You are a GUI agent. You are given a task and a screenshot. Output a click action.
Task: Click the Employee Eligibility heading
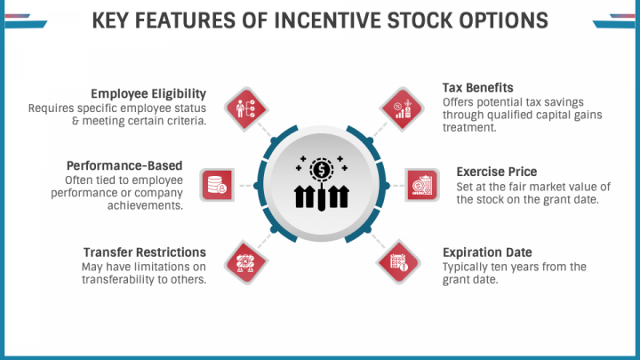(148, 94)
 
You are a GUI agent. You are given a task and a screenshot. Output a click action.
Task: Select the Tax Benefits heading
(478, 88)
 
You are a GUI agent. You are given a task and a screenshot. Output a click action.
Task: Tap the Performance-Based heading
(124, 165)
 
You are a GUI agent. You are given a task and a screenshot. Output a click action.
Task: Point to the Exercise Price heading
(497, 172)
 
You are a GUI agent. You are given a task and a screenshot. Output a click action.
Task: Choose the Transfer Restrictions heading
(145, 252)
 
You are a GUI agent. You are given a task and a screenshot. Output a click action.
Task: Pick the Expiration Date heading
(487, 252)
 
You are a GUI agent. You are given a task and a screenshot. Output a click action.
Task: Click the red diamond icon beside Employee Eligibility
(245, 109)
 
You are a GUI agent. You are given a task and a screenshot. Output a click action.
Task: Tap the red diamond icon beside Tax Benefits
(402, 109)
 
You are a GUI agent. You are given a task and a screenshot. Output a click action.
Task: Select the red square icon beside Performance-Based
(217, 185)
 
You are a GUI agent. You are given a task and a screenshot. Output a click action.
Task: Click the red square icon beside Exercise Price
(422, 185)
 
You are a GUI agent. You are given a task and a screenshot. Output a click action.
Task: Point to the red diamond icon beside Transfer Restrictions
(245, 262)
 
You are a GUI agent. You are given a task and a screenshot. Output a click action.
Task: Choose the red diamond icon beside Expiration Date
(398, 262)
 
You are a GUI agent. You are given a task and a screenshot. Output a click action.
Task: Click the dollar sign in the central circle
(322, 170)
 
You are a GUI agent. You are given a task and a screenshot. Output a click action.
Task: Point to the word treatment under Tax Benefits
(469, 127)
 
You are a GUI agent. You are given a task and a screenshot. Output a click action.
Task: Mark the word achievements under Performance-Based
(145, 205)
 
